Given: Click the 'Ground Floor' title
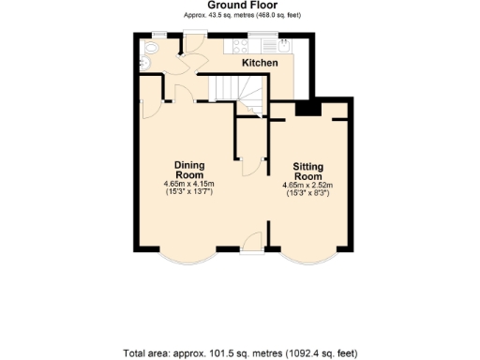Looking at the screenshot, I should coord(240,6).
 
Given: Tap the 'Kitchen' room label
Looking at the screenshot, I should coord(260,63).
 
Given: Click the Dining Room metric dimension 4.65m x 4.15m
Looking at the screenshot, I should coord(189,184).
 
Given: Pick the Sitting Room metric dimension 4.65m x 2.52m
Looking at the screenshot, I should coord(307,186).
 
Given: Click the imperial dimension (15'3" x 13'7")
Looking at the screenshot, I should coord(189,192).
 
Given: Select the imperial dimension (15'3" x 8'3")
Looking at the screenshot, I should coord(307,194).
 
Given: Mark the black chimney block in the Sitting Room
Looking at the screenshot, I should coord(306,108).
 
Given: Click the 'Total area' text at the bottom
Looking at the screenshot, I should coord(240,353).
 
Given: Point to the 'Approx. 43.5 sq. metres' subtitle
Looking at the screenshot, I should coord(240,16).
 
